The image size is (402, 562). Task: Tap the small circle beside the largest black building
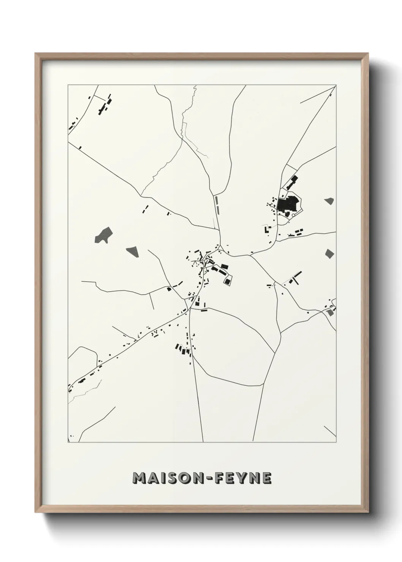coord(294,215)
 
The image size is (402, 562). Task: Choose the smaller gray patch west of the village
coord(132,250)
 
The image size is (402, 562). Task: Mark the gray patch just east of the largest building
coord(329,201)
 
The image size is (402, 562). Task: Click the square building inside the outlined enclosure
coord(228,281)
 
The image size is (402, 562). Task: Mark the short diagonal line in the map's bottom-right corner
coord(330,431)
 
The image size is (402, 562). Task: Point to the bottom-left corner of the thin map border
coord(68,442)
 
